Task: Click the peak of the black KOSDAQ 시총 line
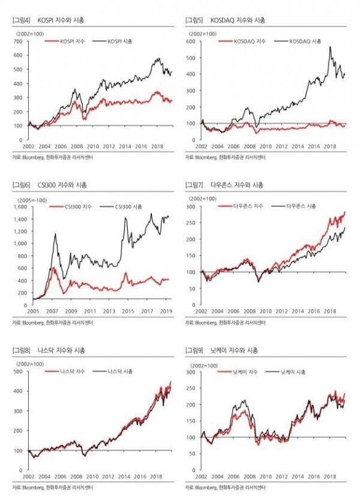(x=330, y=47)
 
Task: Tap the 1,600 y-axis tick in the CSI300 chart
(x=19, y=206)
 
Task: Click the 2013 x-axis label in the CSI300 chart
(x=109, y=312)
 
